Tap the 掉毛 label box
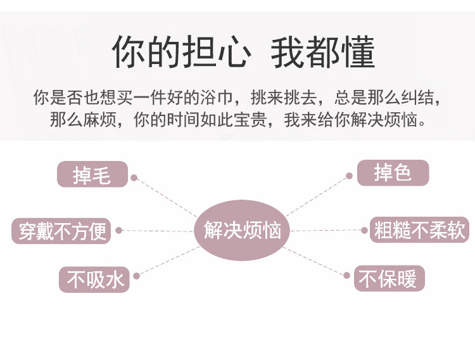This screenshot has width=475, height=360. [92, 174]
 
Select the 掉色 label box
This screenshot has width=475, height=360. [393, 172]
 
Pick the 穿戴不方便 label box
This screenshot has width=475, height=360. [61, 230]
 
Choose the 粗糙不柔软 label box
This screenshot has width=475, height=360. [419, 229]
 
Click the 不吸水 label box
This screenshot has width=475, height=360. [94, 279]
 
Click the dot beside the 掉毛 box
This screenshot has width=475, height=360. [134, 178]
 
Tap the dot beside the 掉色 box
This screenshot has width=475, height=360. [348, 176]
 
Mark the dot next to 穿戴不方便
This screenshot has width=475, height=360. [118, 230]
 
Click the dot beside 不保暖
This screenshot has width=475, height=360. [347, 274]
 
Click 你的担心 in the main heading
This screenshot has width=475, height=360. [179, 52]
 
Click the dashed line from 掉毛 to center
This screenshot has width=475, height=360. [166, 197]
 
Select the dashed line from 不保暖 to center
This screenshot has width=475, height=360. [315, 260]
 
